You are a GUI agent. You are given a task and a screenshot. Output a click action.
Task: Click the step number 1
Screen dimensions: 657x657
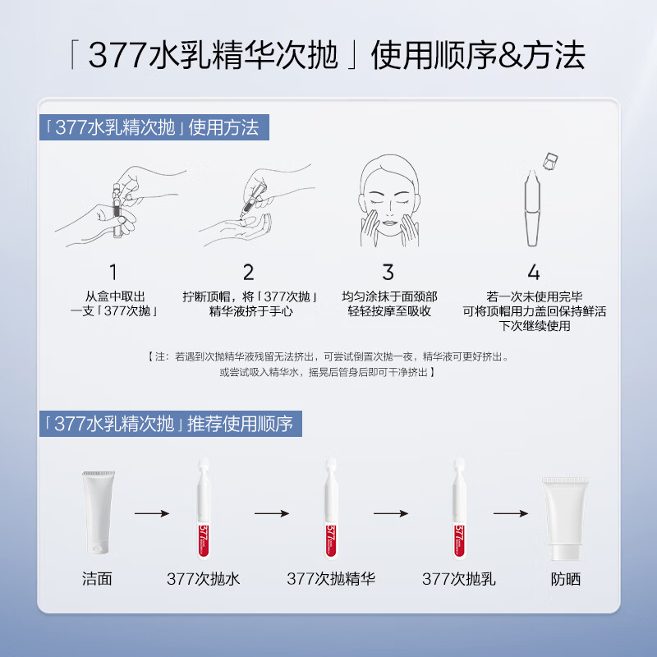point(113,272)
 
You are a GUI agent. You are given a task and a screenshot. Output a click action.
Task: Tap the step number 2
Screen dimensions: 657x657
point(248,272)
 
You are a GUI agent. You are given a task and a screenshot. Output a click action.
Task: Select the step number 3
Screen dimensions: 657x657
point(388,272)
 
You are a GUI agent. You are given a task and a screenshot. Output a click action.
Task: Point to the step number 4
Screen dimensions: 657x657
point(534,272)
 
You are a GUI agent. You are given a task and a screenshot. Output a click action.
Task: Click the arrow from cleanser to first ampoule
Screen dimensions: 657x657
point(151,513)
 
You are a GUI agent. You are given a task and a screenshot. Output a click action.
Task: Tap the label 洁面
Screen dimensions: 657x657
point(97,578)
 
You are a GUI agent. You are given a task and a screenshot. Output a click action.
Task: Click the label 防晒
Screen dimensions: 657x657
point(566,578)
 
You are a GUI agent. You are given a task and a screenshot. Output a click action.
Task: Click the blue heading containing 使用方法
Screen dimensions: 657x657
point(154,127)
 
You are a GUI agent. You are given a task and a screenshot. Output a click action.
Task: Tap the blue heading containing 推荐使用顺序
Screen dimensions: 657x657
point(170,424)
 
